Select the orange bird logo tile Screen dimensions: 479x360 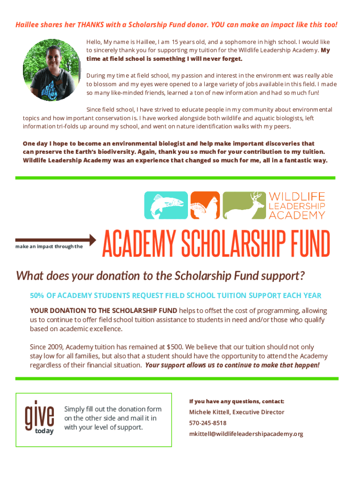[205, 205]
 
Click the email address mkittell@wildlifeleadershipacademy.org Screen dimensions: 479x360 [246, 434]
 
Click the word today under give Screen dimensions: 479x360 [44, 431]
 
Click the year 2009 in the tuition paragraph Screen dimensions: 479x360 [55, 347]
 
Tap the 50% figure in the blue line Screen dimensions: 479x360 [37, 296]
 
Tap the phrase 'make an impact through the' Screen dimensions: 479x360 [49, 247]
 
